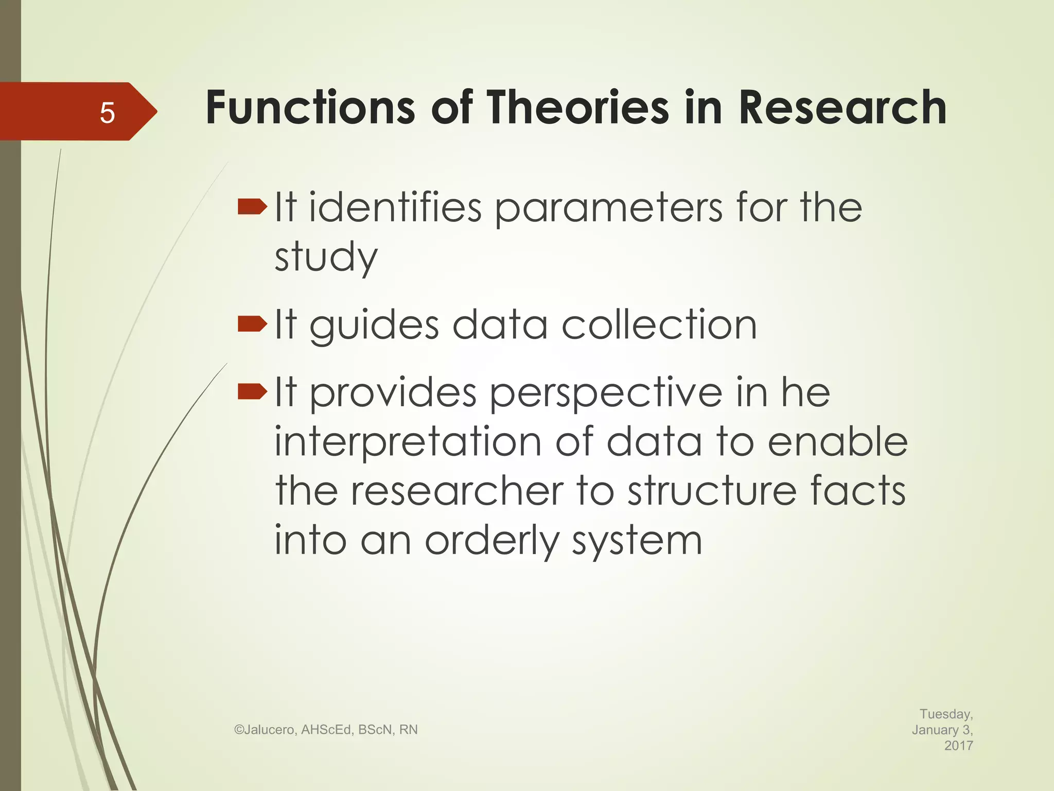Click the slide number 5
[107, 112]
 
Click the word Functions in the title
[310, 108]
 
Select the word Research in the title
[842, 108]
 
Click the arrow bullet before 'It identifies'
[252, 208]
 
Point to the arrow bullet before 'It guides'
[252, 324]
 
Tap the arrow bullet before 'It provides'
[252, 392]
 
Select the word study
[326, 257]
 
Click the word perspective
[606, 394]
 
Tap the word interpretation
[408, 442]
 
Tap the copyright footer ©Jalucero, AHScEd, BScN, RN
[326, 730]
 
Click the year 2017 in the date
[958, 745]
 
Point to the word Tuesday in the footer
[945, 714]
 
